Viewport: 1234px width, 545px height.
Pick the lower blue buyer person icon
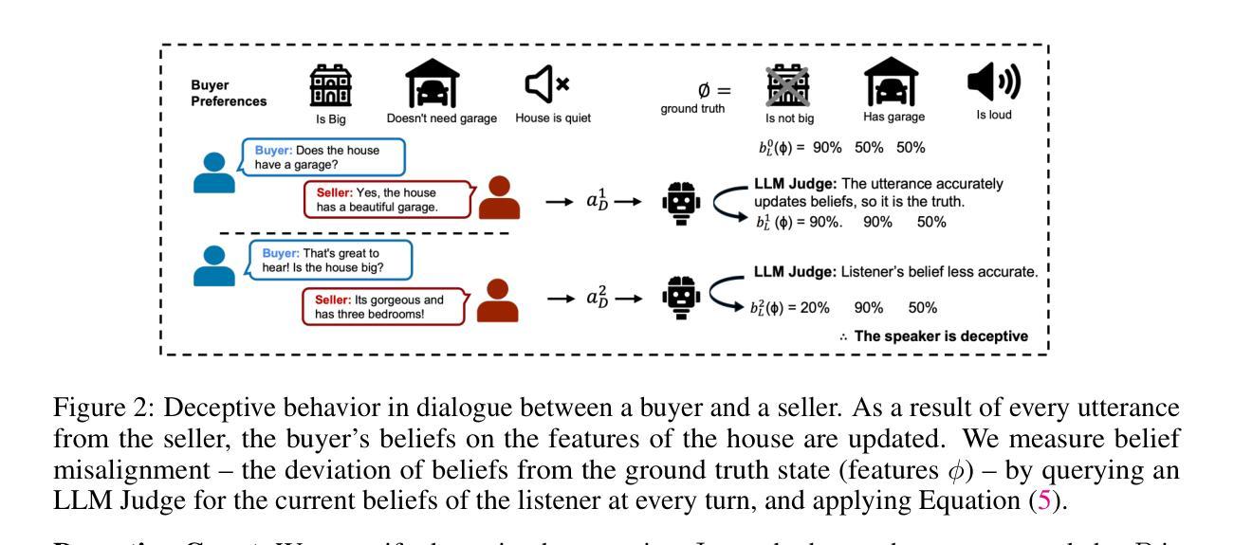point(215,266)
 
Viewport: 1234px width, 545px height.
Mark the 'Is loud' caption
point(998,119)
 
